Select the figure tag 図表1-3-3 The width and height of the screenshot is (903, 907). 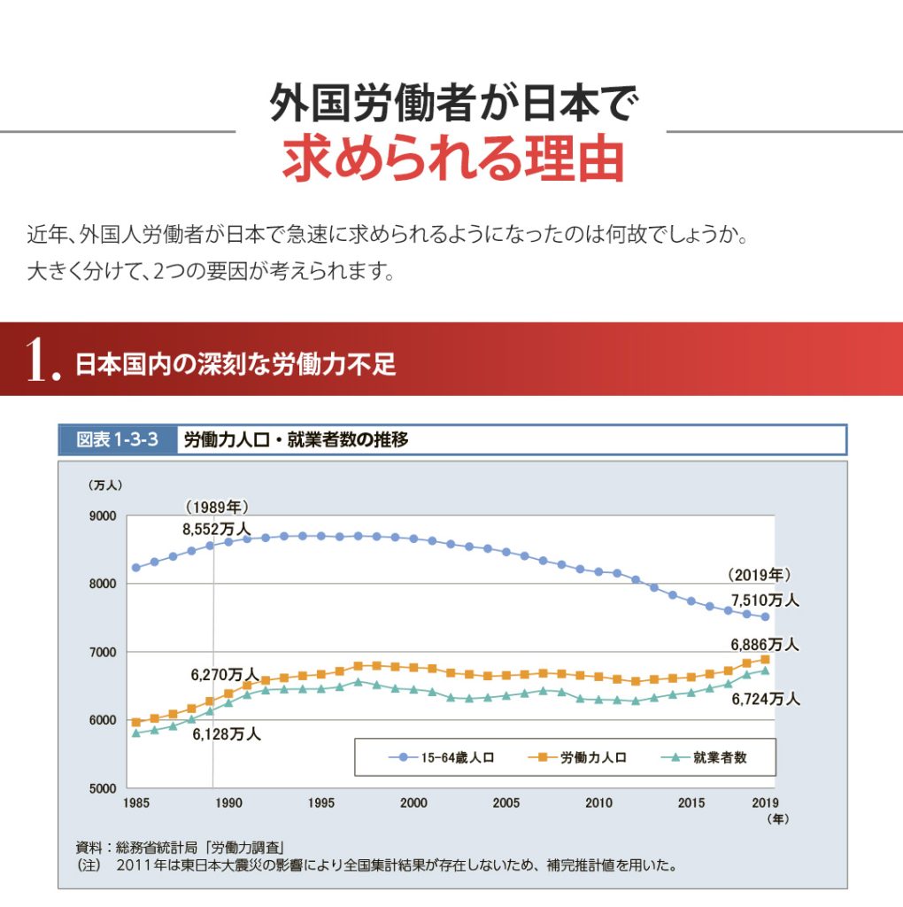(117, 439)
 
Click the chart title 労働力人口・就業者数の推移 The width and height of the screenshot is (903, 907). (295, 439)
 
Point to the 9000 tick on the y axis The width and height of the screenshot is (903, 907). (103, 516)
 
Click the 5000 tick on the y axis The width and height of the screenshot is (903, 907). (103, 788)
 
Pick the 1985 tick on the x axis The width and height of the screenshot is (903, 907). (136, 804)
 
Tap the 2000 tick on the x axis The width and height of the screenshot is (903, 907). (413, 804)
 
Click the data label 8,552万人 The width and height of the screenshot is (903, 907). (216, 529)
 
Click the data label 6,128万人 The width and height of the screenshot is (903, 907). (226, 733)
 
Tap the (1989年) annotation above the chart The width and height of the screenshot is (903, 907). (216, 507)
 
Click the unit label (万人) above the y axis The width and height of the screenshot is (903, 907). (104, 485)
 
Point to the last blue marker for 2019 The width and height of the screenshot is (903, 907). (765, 617)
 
